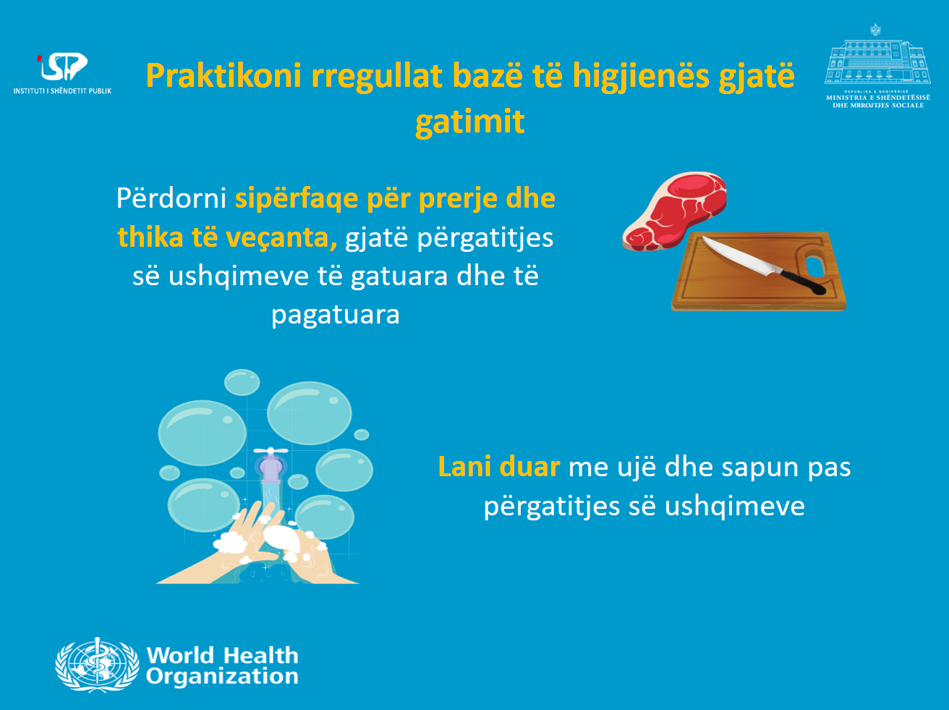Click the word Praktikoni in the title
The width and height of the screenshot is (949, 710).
click(x=224, y=76)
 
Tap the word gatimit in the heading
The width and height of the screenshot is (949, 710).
click(x=470, y=122)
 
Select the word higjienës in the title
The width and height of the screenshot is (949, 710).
click(x=641, y=77)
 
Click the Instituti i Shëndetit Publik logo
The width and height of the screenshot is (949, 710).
click(x=62, y=73)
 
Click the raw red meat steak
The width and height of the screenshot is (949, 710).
click(x=673, y=210)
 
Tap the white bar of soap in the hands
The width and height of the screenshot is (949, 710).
click(x=282, y=538)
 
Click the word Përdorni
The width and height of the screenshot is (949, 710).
click(x=171, y=198)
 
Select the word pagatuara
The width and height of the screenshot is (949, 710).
click(x=336, y=316)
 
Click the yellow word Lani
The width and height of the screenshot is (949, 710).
click(x=465, y=467)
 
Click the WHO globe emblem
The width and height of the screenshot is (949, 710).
click(x=97, y=665)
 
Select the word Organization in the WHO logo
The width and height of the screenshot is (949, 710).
click(x=222, y=676)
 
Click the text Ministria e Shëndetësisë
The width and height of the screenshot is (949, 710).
click(x=878, y=98)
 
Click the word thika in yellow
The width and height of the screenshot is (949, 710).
click(x=150, y=237)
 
